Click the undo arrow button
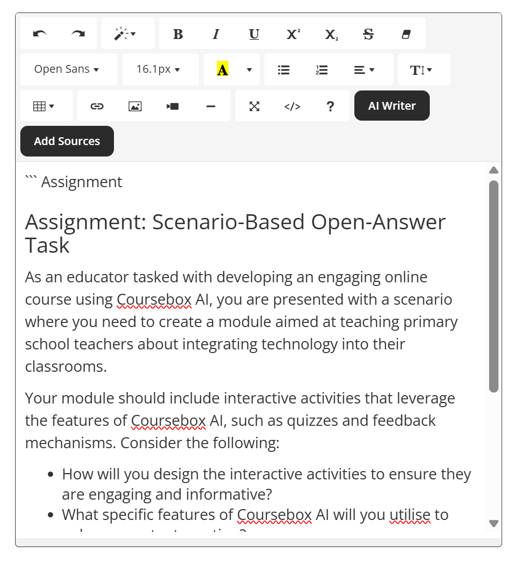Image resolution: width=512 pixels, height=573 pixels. tap(40, 34)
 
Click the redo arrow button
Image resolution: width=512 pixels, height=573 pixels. tap(78, 34)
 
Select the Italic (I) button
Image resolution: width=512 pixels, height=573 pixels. tap(215, 34)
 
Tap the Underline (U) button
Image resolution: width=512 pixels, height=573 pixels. tap(254, 34)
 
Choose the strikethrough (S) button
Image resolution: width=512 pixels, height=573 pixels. tap(368, 34)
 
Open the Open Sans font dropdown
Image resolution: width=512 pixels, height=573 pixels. tap(67, 69)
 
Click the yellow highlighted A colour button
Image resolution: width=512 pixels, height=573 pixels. tap(223, 69)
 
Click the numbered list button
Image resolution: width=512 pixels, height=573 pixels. tap(322, 69)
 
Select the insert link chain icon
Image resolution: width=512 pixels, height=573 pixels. tap(97, 106)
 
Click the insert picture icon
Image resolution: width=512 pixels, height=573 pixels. tap(135, 106)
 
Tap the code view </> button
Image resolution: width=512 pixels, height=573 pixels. tap(292, 106)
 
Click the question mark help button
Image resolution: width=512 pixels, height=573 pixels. tap(330, 106)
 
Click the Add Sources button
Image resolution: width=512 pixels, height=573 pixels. tap(67, 141)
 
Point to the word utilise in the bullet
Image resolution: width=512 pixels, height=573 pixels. tap(410, 515)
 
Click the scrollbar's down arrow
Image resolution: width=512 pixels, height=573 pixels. tap(494, 523)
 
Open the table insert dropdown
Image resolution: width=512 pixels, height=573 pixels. tap(44, 106)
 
